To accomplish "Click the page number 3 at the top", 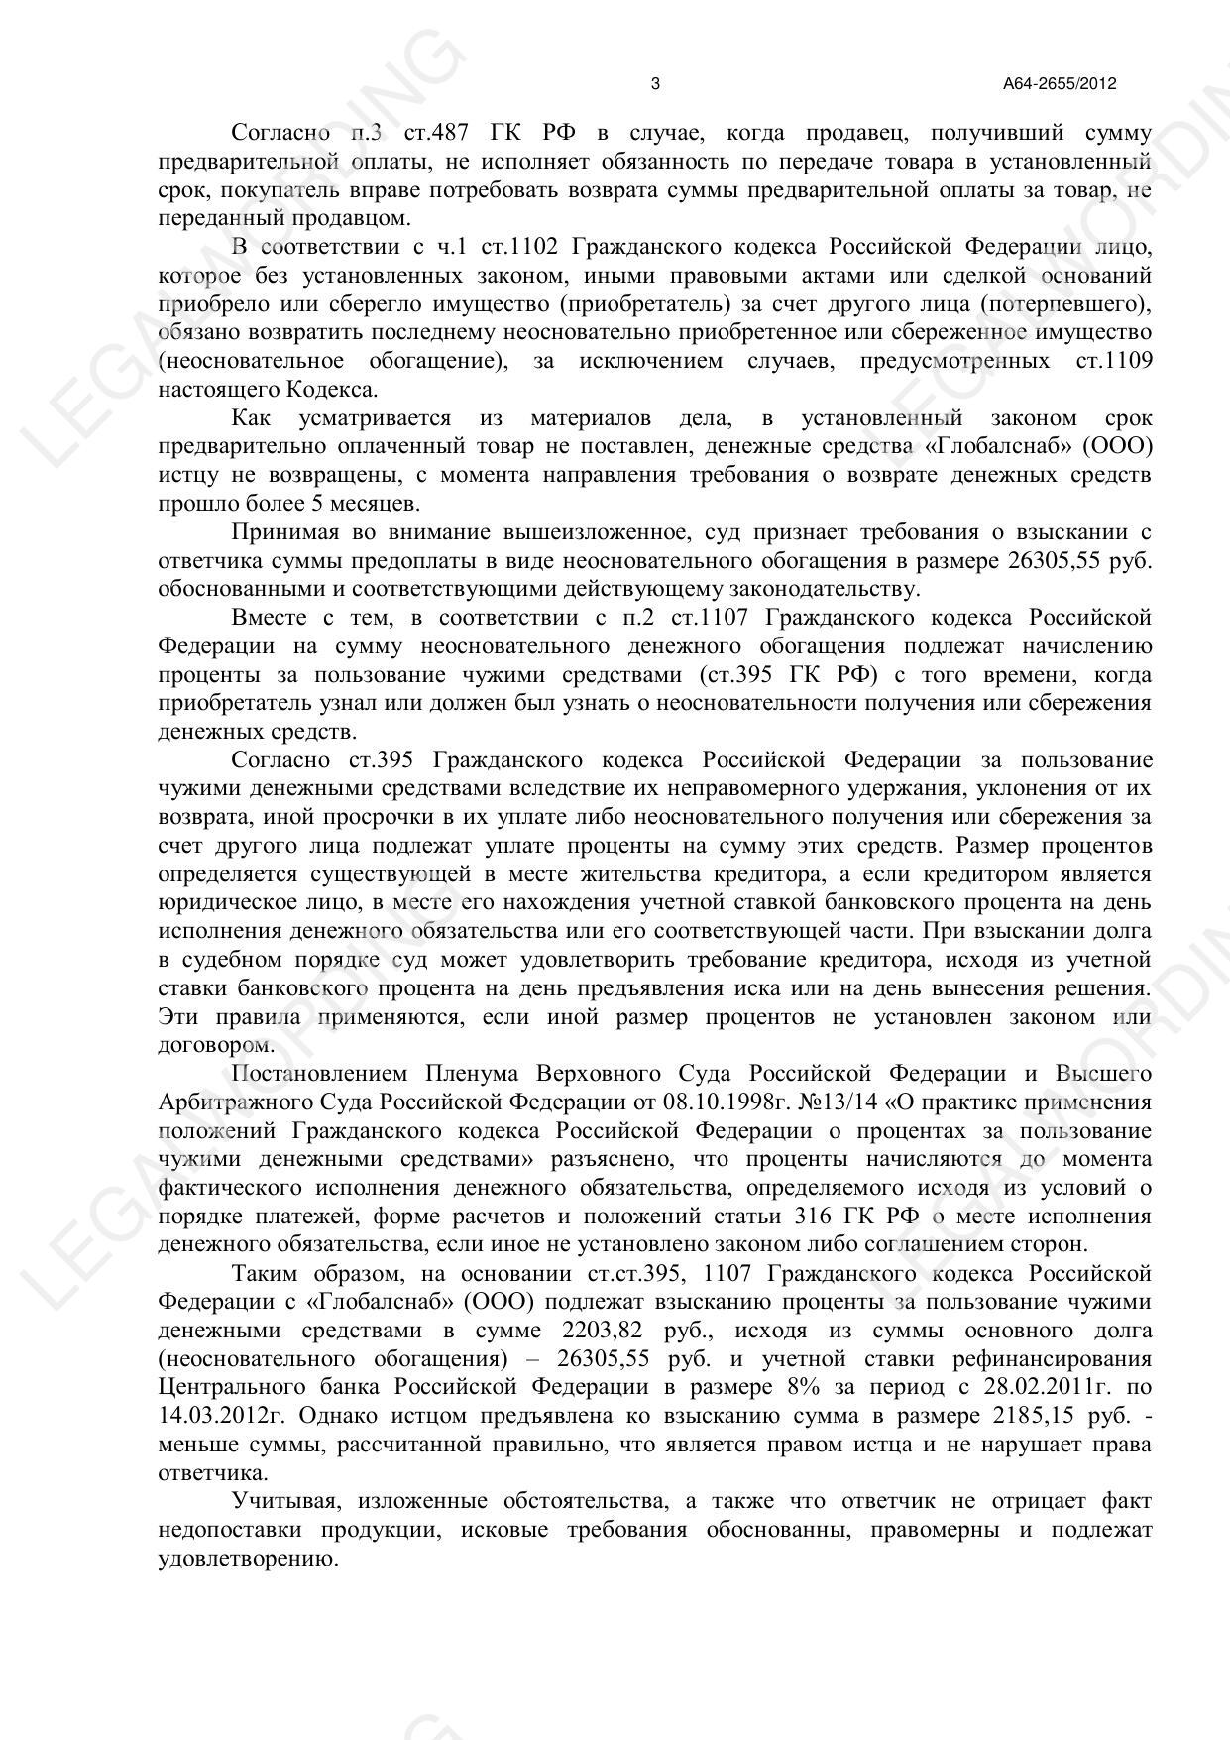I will (655, 84).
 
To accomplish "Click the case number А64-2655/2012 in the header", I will (1060, 84).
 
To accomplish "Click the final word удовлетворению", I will (248, 1558).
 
